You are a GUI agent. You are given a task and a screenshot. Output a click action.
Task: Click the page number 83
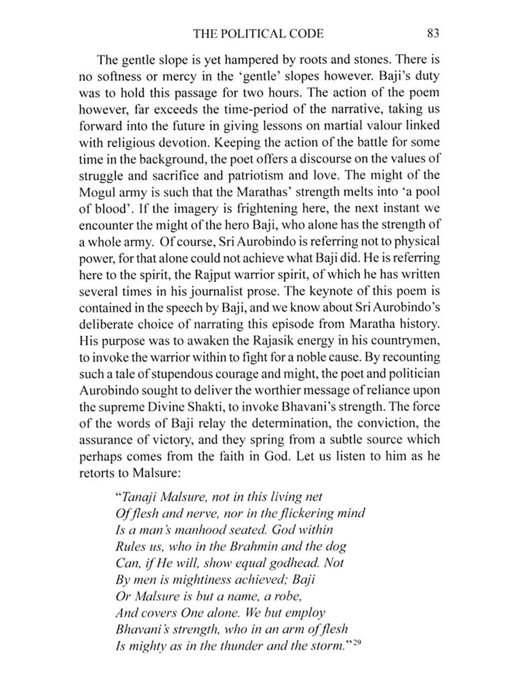click(x=433, y=33)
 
